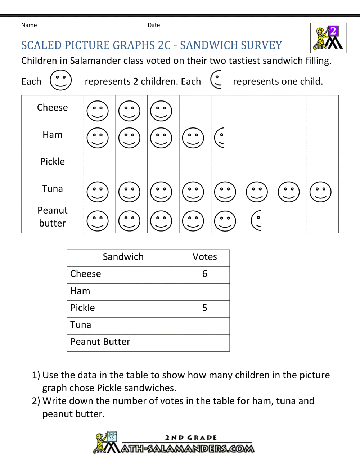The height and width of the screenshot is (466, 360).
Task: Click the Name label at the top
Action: tap(29, 25)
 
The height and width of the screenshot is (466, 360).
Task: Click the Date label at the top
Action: tap(154, 25)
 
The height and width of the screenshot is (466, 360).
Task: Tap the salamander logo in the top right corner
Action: tap(328, 38)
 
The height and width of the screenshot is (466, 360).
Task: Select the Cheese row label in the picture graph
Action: tap(53, 108)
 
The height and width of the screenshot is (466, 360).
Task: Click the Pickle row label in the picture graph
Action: tap(53, 162)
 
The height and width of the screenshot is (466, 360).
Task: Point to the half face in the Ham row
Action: tap(220, 138)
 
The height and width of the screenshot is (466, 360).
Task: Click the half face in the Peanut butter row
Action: tap(256, 220)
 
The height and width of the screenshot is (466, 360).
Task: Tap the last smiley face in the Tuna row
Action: tap(320, 191)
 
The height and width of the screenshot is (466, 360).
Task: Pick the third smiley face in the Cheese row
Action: tap(161, 111)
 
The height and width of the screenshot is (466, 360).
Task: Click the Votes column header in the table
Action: tap(204, 257)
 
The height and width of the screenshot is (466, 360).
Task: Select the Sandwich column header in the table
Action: tap(123, 257)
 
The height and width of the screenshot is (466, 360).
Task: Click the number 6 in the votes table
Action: tap(204, 274)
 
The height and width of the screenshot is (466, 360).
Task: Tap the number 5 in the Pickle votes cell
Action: tap(204, 308)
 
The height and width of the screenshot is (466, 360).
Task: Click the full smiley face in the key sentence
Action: tap(60, 80)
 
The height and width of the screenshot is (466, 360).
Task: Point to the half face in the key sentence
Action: tap(216, 80)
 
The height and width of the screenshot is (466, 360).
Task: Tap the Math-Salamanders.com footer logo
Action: tap(174, 443)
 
